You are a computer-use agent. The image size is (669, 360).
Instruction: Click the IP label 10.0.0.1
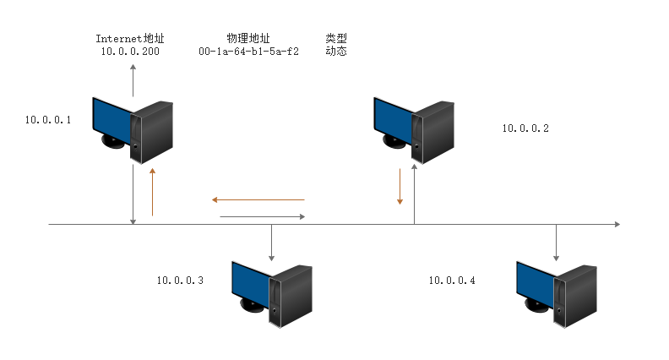tap(47, 120)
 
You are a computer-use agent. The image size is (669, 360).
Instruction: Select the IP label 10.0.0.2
tap(525, 128)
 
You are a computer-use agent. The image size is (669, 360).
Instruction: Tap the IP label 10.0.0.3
tap(179, 280)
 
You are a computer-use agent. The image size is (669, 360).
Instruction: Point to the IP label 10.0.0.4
tap(451, 280)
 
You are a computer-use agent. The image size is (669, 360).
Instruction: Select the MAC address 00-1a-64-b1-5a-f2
tap(248, 52)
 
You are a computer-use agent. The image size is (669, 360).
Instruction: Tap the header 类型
tap(336, 39)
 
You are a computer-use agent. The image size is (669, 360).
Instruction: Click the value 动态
tap(336, 52)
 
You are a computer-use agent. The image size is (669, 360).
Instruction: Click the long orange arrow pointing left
tap(258, 200)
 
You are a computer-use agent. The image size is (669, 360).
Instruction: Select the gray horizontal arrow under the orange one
tap(262, 217)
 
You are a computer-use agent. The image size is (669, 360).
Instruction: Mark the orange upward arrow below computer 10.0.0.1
tap(153, 192)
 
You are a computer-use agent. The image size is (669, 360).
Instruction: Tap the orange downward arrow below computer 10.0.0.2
tap(400, 187)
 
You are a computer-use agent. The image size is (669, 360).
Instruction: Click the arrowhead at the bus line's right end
tap(616, 225)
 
